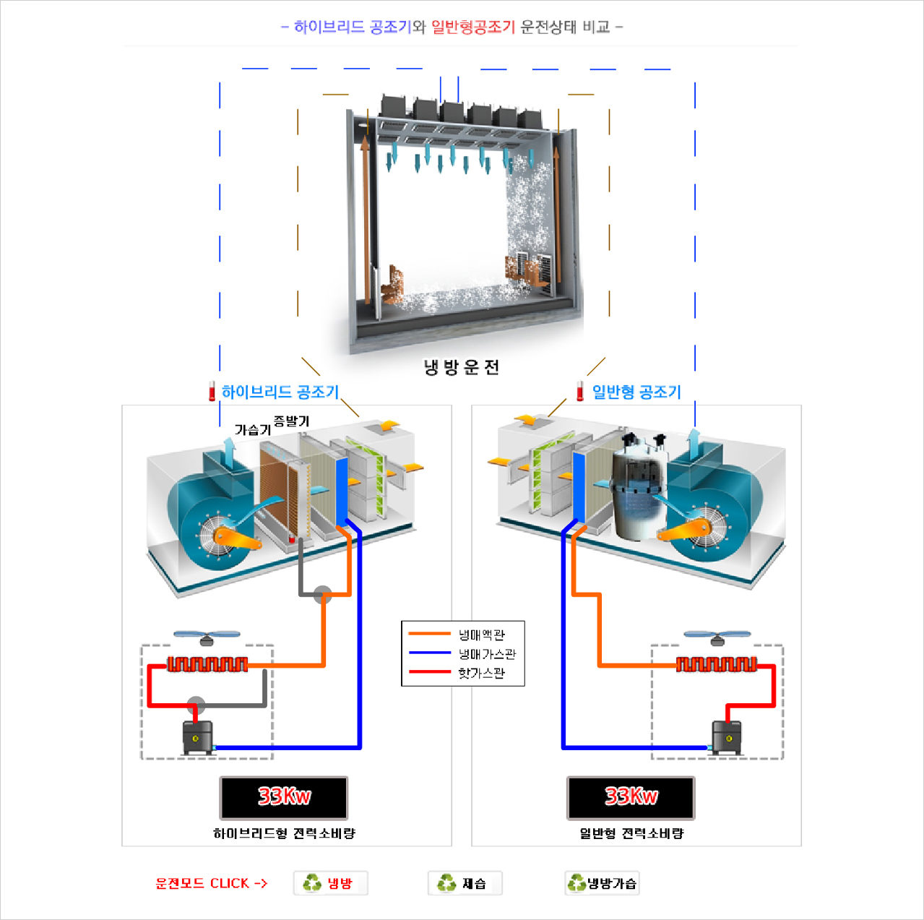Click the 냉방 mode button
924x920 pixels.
331,883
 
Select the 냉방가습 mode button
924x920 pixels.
603,883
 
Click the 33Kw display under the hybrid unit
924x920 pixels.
284,797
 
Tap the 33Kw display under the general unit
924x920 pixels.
631,797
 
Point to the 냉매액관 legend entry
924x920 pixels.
482,635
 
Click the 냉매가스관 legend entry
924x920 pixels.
487,654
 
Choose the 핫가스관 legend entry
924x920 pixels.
482,673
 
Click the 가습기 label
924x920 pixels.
252,429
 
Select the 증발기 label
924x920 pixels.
291,421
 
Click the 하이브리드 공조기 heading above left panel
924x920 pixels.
280,392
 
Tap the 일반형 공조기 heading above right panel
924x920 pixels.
636,392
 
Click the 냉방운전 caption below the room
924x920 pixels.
461,367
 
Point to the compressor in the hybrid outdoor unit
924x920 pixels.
198,737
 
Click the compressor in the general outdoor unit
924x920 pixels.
727,737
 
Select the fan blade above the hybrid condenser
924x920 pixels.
207,637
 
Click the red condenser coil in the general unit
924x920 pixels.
716,664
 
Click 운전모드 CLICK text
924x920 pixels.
211,883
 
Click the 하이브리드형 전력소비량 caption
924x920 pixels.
284,833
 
